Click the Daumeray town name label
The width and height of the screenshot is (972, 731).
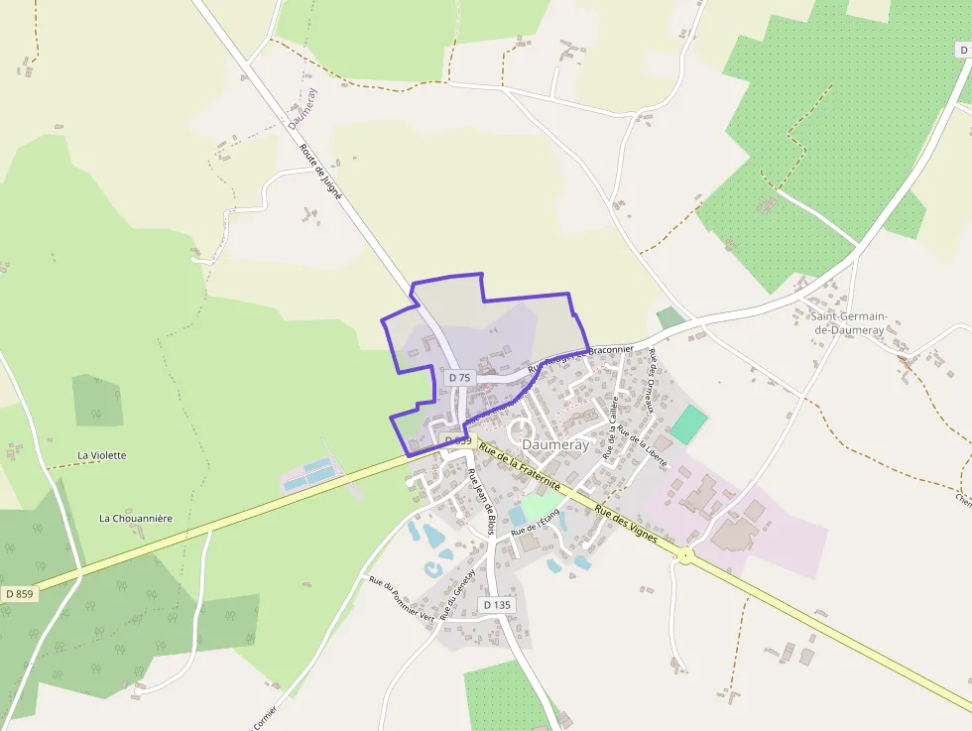[555, 445]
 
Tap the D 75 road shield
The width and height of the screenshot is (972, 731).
[459, 378]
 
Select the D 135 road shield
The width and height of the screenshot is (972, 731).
[498, 604]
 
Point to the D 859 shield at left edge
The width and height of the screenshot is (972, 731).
[19, 593]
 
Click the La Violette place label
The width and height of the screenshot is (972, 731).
[102, 455]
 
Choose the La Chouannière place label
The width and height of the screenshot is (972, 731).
[136, 518]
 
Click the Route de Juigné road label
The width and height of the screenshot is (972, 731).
[320, 173]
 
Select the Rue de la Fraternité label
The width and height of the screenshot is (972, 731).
[519, 466]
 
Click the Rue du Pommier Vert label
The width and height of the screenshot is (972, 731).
[401, 598]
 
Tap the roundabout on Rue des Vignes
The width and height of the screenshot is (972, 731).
[685, 554]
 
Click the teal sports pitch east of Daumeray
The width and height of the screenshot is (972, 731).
[688, 425]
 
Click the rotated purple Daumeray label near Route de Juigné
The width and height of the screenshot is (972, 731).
[303, 108]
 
